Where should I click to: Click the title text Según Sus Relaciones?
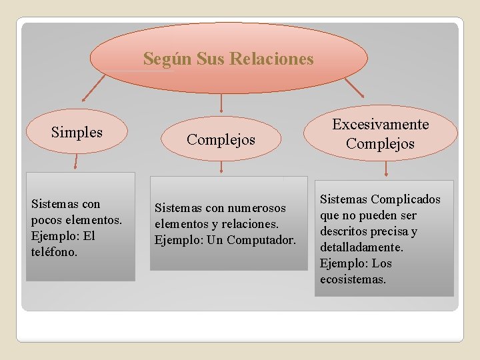(x=228, y=59)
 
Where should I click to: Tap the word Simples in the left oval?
(x=77, y=132)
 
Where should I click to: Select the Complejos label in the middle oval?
(x=221, y=139)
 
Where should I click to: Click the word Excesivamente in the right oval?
(x=381, y=124)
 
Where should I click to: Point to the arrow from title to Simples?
(x=94, y=87)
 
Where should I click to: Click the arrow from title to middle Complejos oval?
(x=221, y=102)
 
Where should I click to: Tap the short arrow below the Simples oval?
(x=76, y=162)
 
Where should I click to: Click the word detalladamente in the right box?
(x=361, y=247)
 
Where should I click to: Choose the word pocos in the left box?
(x=46, y=219)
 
